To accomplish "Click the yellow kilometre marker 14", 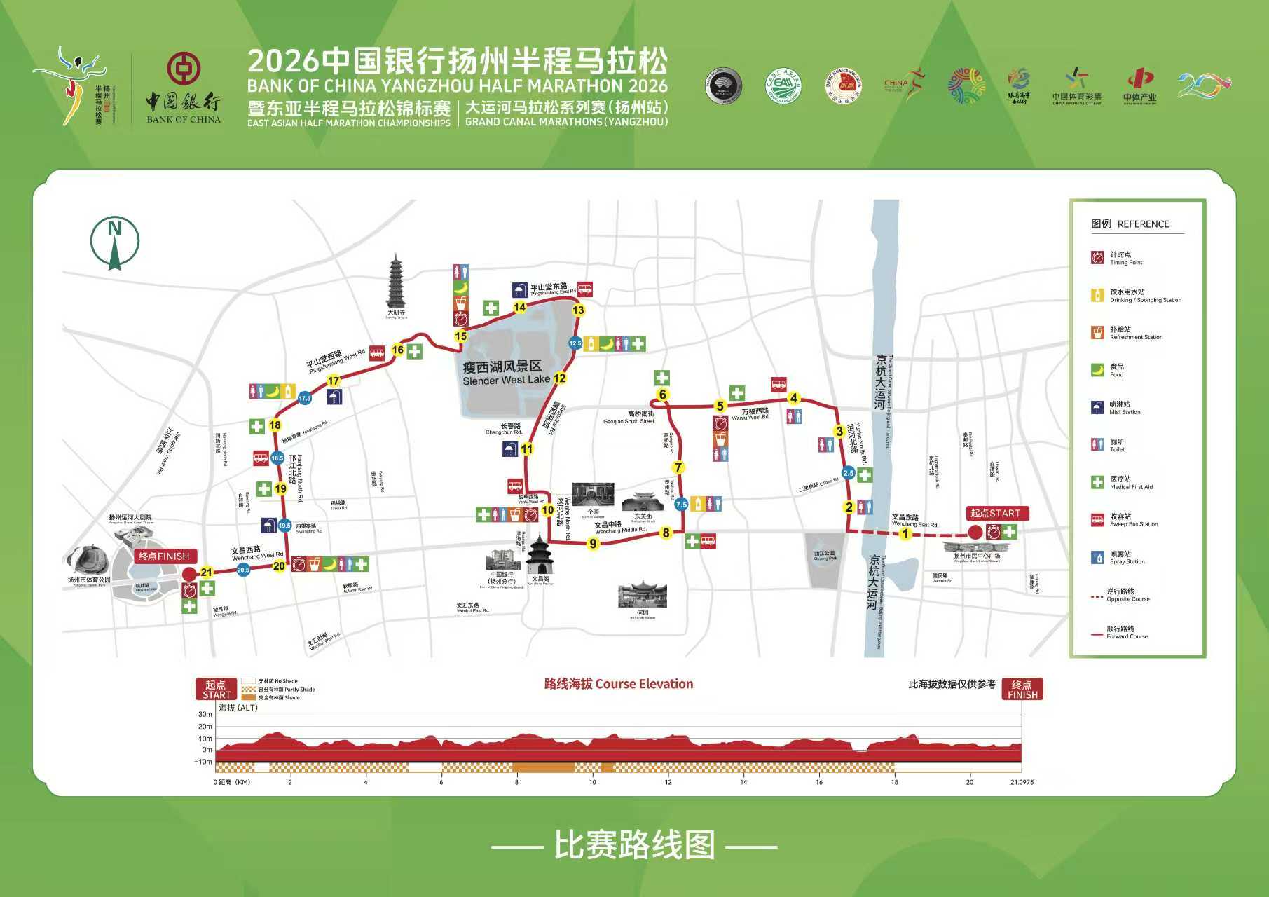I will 519,307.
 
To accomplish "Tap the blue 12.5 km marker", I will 575,343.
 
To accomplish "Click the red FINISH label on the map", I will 164,556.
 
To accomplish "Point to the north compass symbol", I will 114,242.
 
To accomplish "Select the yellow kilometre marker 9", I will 594,543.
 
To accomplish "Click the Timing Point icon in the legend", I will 1097,258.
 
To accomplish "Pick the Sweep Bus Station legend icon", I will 1097,520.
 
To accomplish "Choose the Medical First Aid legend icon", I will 1097,482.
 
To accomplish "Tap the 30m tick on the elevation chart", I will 205,715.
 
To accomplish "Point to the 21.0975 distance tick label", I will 1021,782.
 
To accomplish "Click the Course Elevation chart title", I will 619,684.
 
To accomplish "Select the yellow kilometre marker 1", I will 905,534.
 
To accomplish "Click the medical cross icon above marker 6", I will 661,378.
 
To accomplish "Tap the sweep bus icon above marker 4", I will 778,384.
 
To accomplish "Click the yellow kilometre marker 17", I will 334,381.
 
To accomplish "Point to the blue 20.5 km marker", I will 243,570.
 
